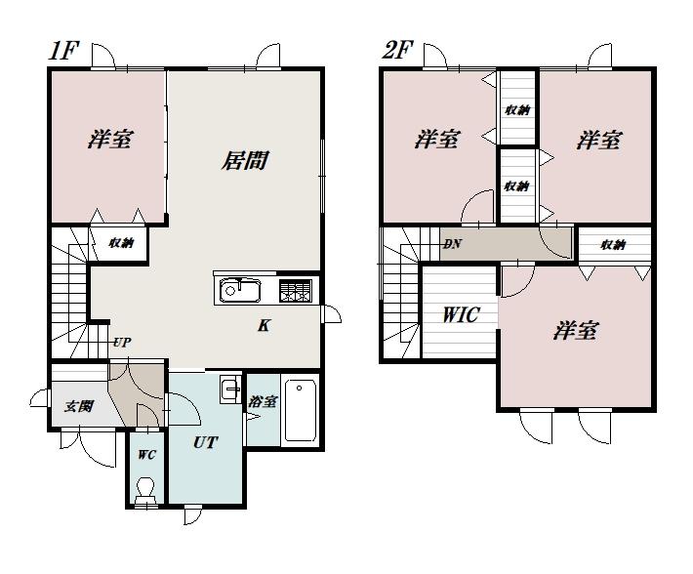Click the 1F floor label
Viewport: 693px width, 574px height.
pyautogui.click(x=63, y=51)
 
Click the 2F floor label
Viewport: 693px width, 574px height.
pyautogui.click(x=397, y=51)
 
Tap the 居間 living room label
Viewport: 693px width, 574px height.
pyautogui.click(x=244, y=160)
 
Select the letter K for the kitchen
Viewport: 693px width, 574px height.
pyautogui.click(x=264, y=326)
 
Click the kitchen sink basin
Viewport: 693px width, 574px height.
pyautogui.click(x=239, y=290)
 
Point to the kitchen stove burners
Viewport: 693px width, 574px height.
pyautogui.click(x=296, y=291)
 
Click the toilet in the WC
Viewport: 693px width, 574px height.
pyautogui.click(x=145, y=491)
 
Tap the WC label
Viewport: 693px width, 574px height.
pyautogui.click(x=146, y=455)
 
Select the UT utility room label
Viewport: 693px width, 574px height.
pyautogui.click(x=206, y=442)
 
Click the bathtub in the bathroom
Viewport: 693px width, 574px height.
pyautogui.click(x=301, y=411)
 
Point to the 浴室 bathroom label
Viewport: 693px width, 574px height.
pyautogui.click(x=263, y=401)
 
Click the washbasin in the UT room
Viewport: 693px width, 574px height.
pyautogui.click(x=230, y=389)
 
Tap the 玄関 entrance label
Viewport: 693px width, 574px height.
pyautogui.click(x=79, y=406)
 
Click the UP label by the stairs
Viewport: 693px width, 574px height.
pyautogui.click(x=122, y=343)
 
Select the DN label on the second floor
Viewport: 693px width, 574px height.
pyautogui.click(x=452, y=243)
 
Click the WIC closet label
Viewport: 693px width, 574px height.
pyautogui.click(x=461, y=314)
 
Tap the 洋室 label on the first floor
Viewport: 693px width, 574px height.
pyautogui.click(x=109, y=139)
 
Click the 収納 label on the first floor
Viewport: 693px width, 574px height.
pyautogui.click(x=121, y=243)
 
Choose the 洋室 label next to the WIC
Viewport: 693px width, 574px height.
pyautogui.click(x=576, y=331)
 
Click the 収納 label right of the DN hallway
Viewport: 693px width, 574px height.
pyautogui.click(x=613, y=244)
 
